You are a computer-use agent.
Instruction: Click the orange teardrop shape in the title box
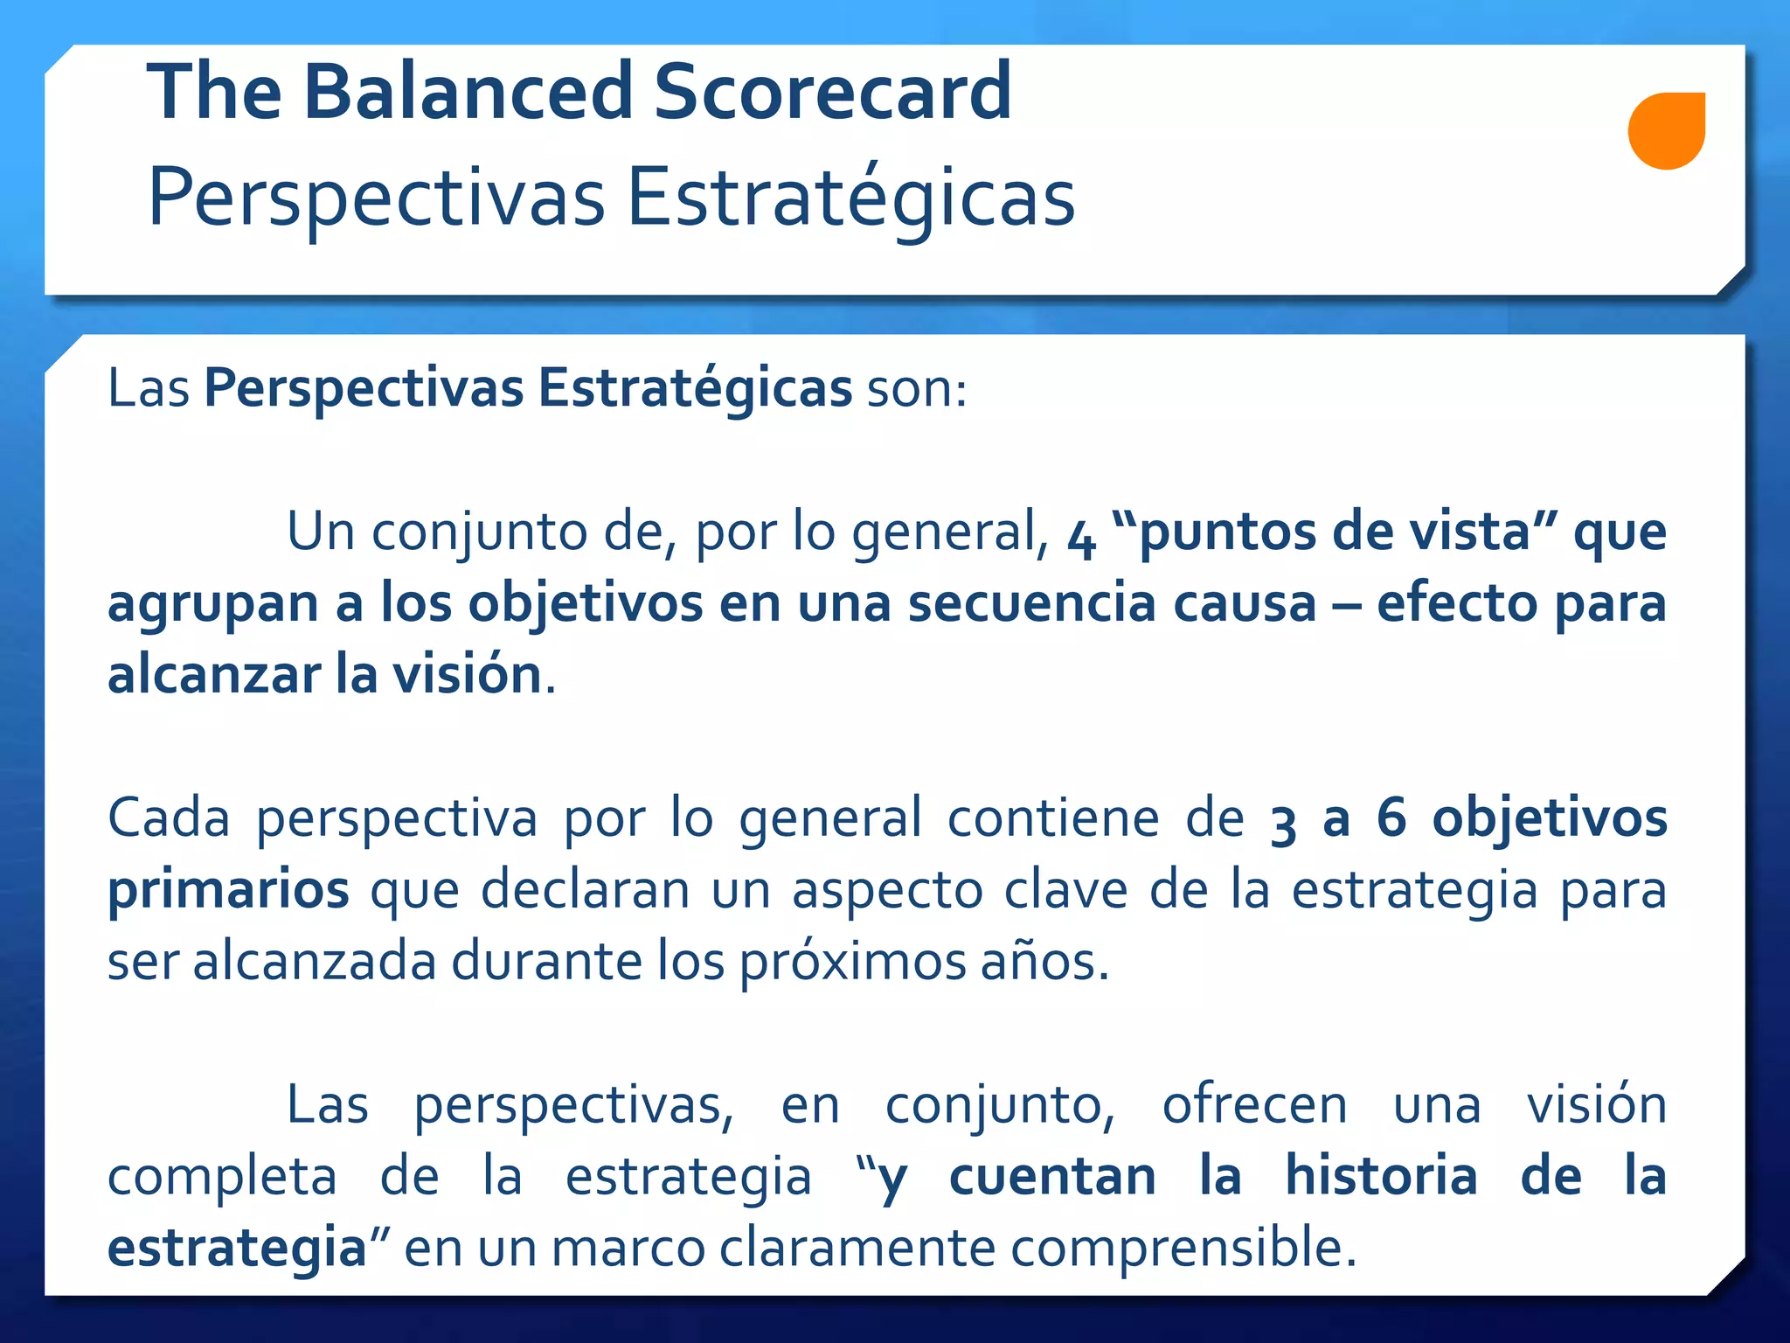click(x=1666, y=130)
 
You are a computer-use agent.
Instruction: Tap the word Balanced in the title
click(x=468, y=91)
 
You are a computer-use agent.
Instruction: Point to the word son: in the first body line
click(x=917, y=388)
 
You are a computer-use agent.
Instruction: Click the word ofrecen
click(x=1254, y=1105)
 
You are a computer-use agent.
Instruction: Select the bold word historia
click(x=1381, y=1176)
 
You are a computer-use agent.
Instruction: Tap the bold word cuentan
click(x=1052, y=1176)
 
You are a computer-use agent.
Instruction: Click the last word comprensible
click(x=1183, y=1249)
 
